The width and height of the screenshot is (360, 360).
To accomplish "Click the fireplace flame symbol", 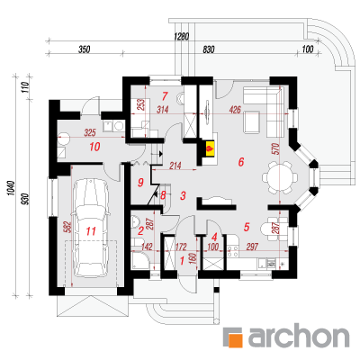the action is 210,148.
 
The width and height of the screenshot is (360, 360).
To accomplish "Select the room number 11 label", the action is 91,231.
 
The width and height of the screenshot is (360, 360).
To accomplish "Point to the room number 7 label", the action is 164,96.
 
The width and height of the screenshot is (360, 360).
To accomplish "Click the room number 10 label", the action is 94,147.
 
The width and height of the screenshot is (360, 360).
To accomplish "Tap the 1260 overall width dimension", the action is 182,37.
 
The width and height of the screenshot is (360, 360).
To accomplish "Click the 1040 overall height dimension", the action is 12,188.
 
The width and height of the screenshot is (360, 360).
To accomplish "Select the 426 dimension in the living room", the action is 235,110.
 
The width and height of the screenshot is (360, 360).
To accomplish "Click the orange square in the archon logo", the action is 234,337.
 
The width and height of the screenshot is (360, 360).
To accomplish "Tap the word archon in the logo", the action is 299,336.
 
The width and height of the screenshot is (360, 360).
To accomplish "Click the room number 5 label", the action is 247,227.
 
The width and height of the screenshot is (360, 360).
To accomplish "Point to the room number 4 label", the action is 214,238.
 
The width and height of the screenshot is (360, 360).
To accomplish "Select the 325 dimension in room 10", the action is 90,132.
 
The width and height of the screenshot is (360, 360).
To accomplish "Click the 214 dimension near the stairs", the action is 175,166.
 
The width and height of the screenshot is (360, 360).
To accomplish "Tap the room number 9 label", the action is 140,183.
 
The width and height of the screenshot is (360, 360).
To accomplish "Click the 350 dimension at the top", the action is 85,49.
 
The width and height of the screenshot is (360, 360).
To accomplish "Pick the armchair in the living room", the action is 252,122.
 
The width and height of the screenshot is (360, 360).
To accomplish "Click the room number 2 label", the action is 140,230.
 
